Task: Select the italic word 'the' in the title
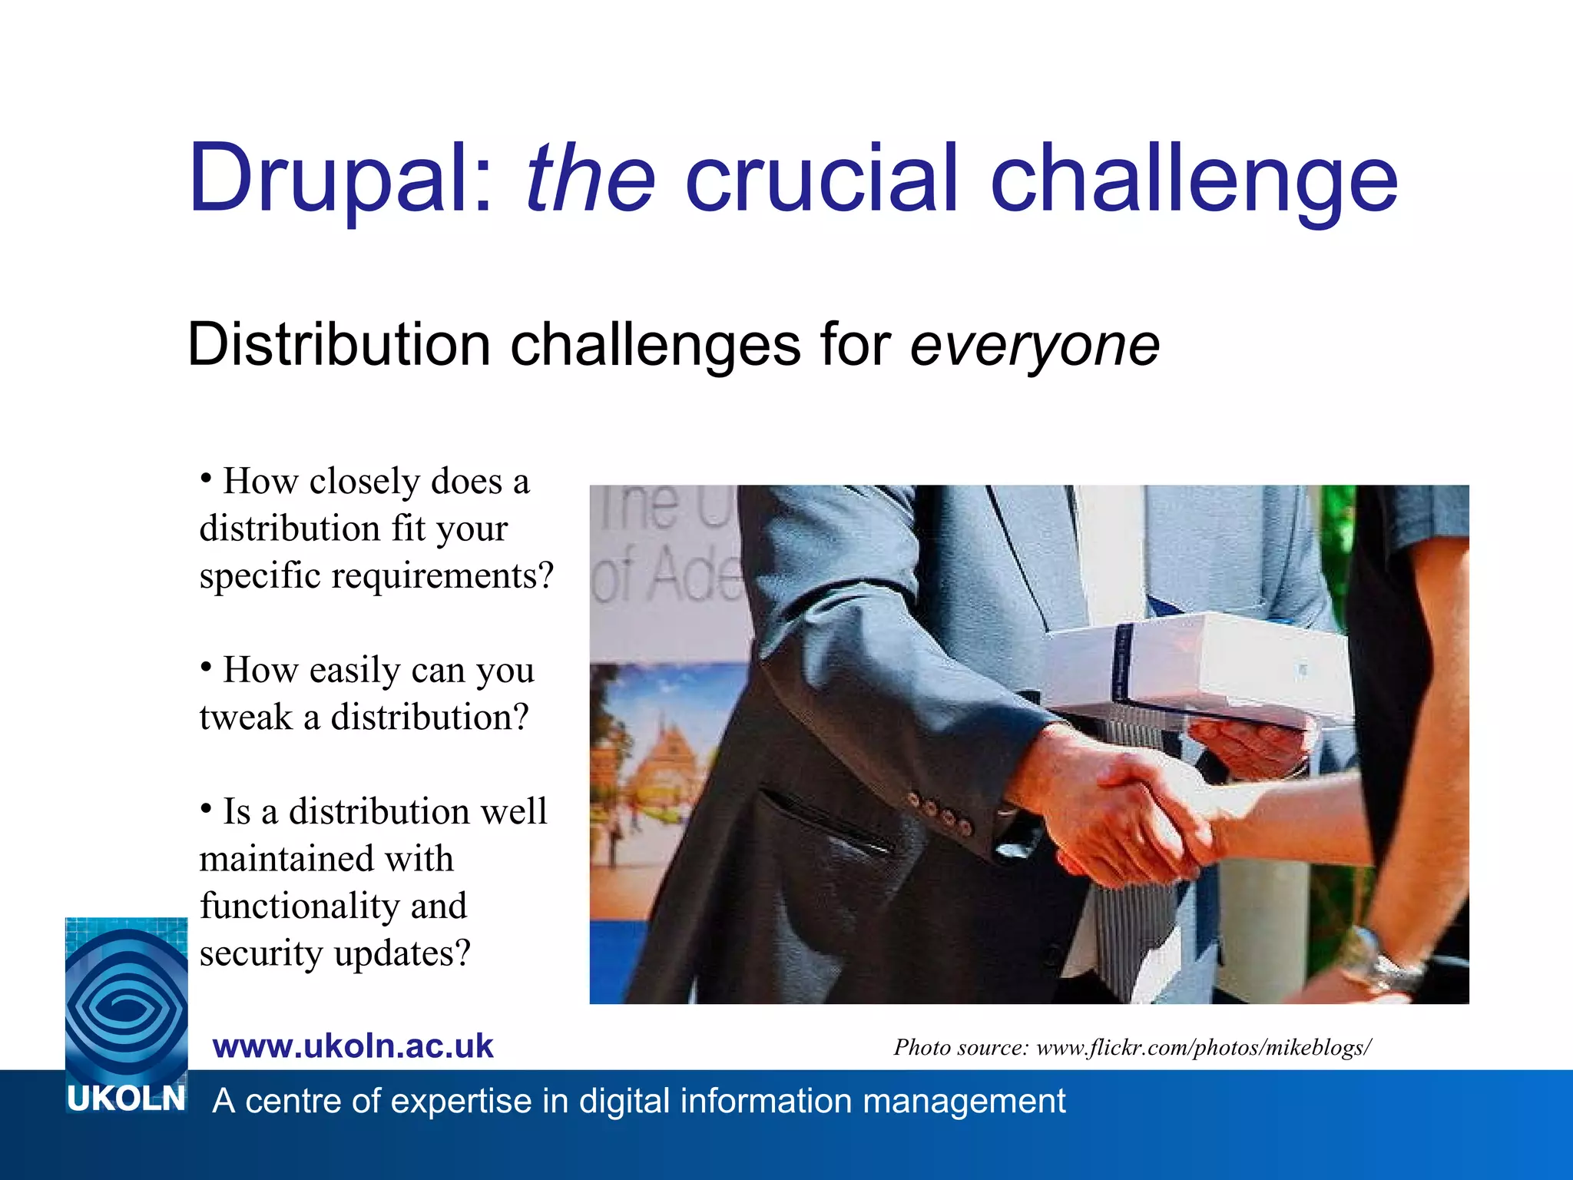coord(590,178)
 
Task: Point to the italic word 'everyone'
coord(1035,346)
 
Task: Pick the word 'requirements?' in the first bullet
coord(442,576)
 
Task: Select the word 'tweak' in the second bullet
coord(246,718)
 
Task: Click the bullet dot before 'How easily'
coord(206,666)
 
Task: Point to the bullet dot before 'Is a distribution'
coord(206,807)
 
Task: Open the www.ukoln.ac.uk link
coord(353,1046)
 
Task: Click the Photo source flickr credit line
coord(1132,1047)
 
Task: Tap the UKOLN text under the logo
coord(126,1099)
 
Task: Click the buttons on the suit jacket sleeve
coord(939,813)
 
